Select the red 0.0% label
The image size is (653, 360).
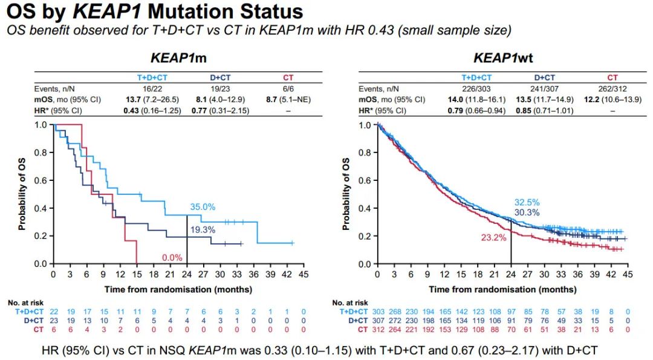pyautogui.click(x=172, y=258)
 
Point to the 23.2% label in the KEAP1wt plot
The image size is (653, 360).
pyautogui.click(x=494, y=238)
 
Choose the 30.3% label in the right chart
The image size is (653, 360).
pyautogui.click(x=527, y=212)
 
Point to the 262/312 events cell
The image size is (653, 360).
pyautogui.click(x=612, y=88)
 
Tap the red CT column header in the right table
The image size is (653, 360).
pyautogui.click(x=612, y=77)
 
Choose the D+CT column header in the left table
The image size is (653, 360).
pyautogui.click(x=223, y=77)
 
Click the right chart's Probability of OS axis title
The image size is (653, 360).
pyautogui.click(x=346, y=194)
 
